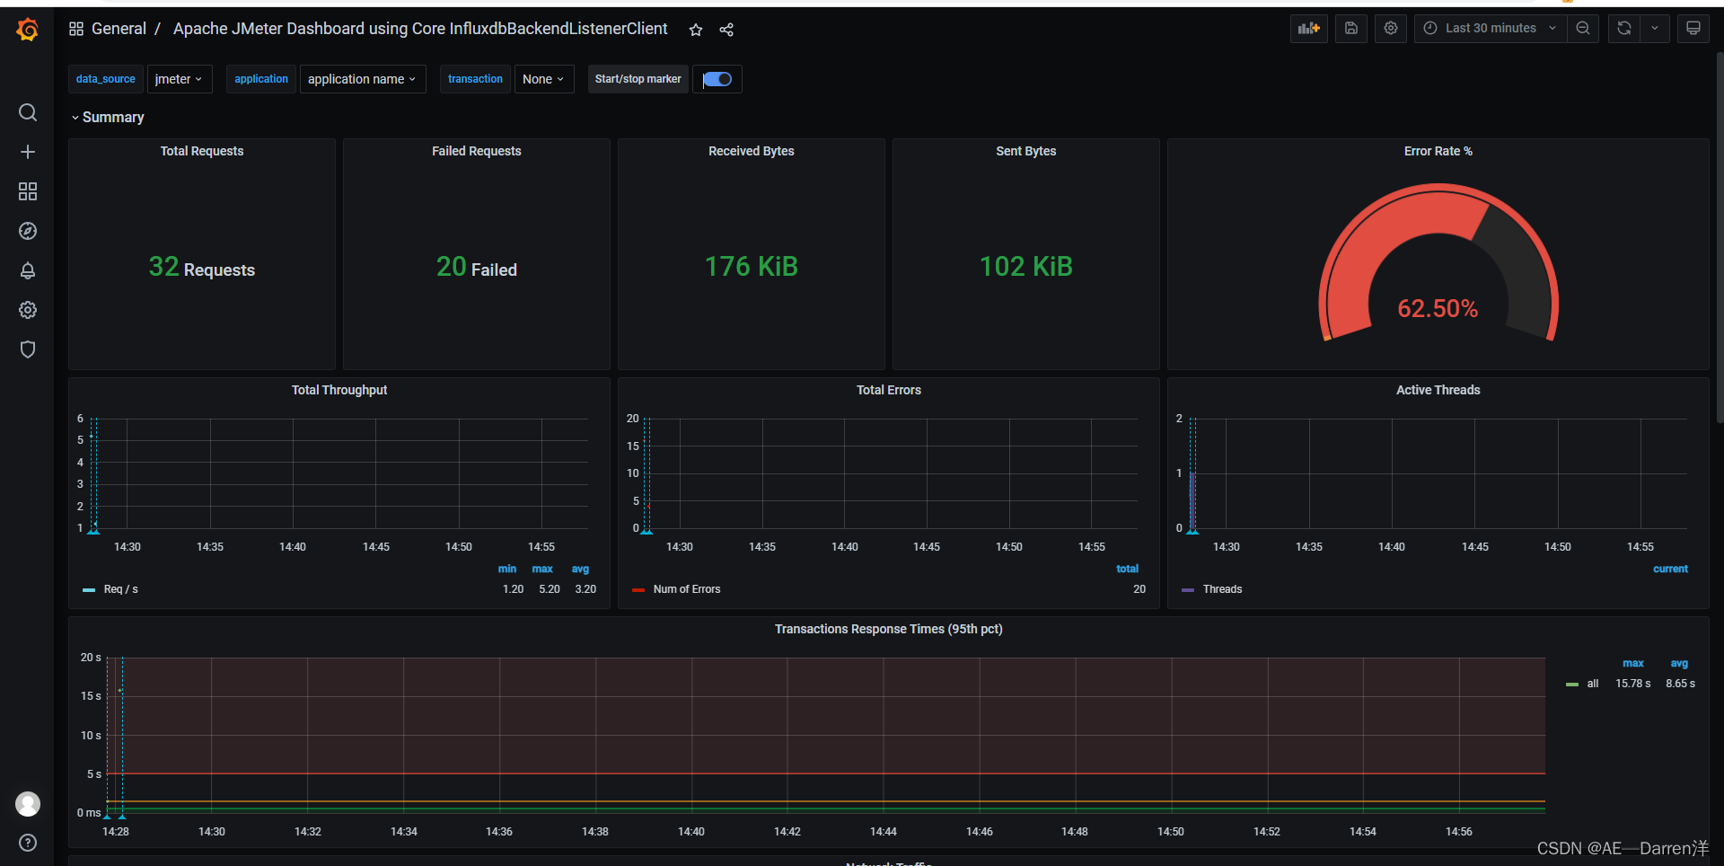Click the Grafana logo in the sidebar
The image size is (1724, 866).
tap(28, 30)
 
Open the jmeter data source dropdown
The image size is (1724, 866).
tap(179, 79)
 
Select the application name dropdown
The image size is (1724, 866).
tap(362, 79)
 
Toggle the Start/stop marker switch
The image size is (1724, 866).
tap(717, 79)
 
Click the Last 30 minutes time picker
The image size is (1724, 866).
tap(1491, 29)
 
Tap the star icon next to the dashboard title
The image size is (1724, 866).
tap(696, 30)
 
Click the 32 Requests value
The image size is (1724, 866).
tap(201, 268)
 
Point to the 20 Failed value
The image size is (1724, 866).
tap(476, 268)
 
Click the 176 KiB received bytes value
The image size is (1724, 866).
tap(751, 267)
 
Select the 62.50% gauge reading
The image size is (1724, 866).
tap(1437, 309)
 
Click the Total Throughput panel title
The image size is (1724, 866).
tap(339, 390)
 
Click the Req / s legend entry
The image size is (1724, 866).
tap(120, 589)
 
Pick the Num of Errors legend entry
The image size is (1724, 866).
tap(686, 589)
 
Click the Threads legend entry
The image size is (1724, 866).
tap(1221, 589)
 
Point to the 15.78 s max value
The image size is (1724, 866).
tap(1632, 684)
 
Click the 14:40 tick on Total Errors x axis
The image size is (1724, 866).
tap(844, 547)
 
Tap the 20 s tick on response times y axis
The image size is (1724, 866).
tap(91, 658)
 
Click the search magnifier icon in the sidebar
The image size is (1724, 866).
tap(28, 112)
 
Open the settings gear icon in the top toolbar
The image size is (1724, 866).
tap(1390, 29)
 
